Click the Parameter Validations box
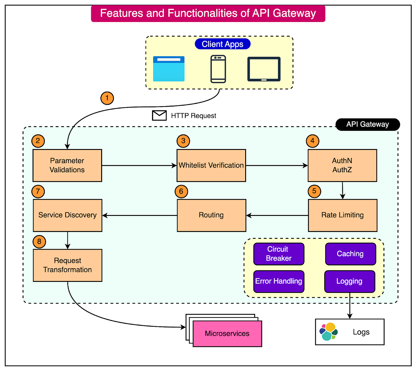pyautogui.click(x=67, y=165)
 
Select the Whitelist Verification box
pyautogui.click(x=211, y=165)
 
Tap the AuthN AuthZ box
pyautogui.click(x=342, y=165)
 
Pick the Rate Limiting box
pyautogui.click(x=342, y=215)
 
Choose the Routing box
pyautogui.click(x=211, y=215)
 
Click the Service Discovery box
pyautogui.click(x=67, y=215)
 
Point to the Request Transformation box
pyautogui.click(x=67, y=265)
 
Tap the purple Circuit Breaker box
pyautogui.click(x=279, y=254)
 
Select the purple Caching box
pyautogui.click(x=350, y=254)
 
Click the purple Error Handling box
pyautogui.click(x=279, y=282)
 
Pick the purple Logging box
pyautogui.click(x=349, y=282)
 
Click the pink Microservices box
pyautogui.click(x=227, y=334)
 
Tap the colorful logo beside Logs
pyautogui.click(x=329, y=332)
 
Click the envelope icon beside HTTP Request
pyautogui.click(x=159, y=115)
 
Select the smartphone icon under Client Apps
pyautogui.click(x=218, y=69)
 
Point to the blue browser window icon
pyautogui.click(x=169, y=69)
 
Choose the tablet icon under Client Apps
pyautogui.click(x=264, y=69)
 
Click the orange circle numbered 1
pyautogui.click(x=107, y=98)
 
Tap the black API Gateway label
pyautogui.click(x=367, y=125)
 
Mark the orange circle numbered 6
pyautogui.click(x=181, y=191)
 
